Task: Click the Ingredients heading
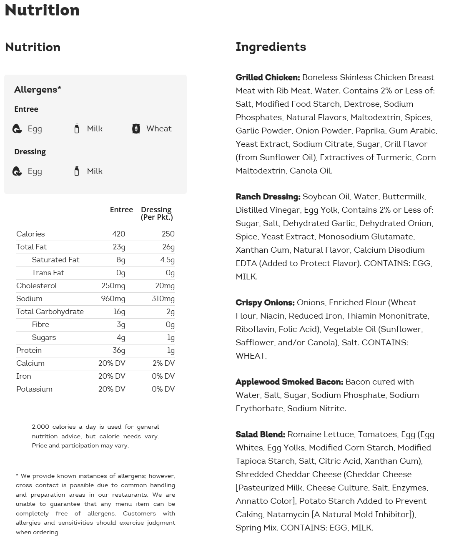point(271,47)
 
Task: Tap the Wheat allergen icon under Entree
point(136,129)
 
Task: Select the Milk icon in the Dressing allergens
point(77,171)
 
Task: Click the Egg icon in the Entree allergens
point(17,129)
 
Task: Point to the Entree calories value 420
point(118,234)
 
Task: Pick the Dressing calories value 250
point(168,234)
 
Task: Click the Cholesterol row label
point(37,286)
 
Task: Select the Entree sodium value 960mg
point(113,299)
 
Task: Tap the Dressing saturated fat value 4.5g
point(167,260)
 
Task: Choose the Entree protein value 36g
point(119,350)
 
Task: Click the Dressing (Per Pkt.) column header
point(157,213)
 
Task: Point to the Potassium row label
point(34,389)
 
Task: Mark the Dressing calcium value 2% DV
point(163,363)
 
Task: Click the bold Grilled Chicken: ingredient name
point(268,77)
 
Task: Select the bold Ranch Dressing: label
point(268,196)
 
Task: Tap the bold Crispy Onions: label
point(265,302)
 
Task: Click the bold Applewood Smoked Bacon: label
point(289,382)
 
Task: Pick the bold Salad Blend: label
point(260,434)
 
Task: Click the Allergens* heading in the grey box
point(38,89)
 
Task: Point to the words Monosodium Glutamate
point(366,236)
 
